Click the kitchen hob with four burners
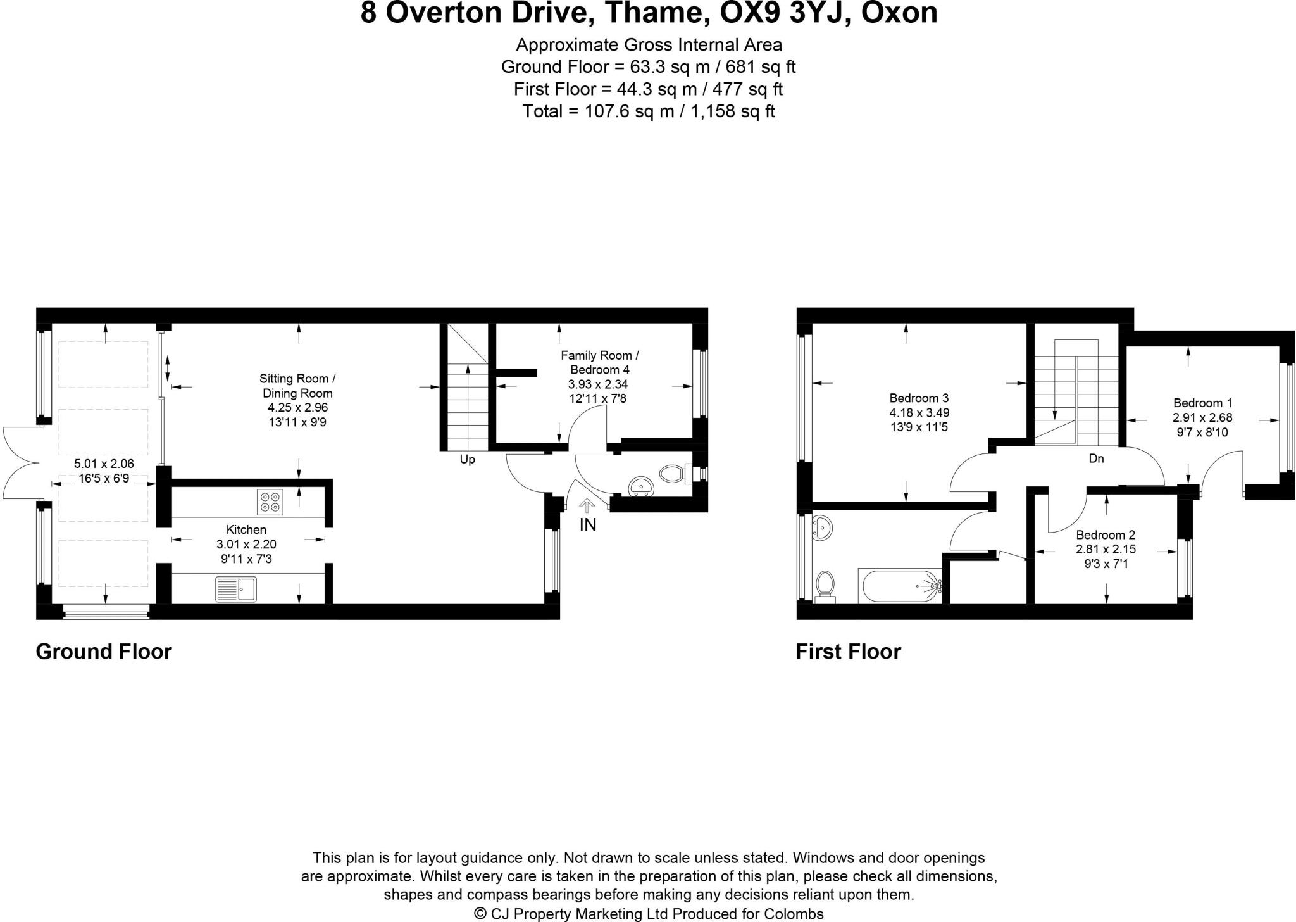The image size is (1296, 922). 270,502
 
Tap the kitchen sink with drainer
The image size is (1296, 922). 235,589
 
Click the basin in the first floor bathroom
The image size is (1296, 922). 823,527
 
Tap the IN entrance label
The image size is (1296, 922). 588,525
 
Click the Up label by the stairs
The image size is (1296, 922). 467,460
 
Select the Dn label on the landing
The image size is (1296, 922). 1096,458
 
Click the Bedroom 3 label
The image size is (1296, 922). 919,398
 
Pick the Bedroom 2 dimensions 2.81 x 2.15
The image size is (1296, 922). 1106,549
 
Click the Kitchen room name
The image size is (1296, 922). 246,529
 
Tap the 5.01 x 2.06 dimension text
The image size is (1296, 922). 104,464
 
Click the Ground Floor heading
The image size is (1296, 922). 104,652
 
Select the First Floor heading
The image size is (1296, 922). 848,652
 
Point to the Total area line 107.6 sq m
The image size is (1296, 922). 648,111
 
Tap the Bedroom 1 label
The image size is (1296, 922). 1202,403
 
